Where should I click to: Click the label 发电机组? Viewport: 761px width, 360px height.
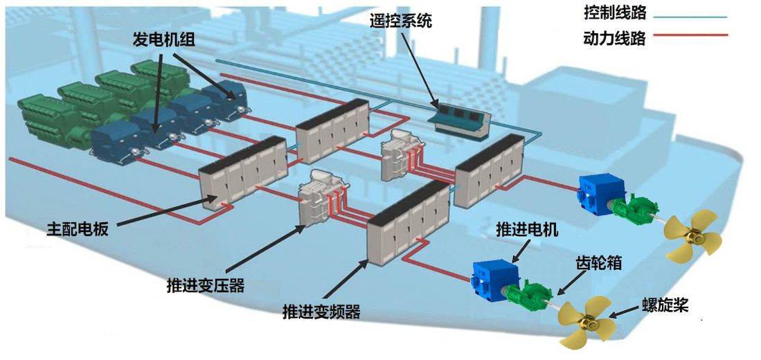click(x=164, y=39)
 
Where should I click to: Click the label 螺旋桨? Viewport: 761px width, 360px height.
click(x=663, y=304)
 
